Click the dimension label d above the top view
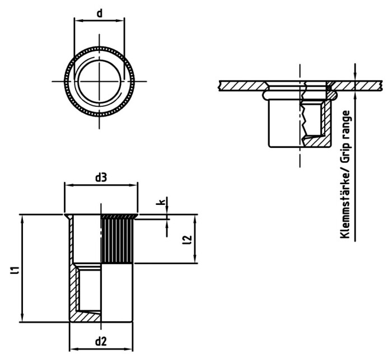tap(99, 12)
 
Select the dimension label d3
tap(101, 178)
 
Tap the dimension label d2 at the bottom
tap(101, 341)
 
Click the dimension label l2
tap(188, 240)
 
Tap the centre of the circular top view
tap(99, 81)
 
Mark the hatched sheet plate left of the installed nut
tap(241, 86)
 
